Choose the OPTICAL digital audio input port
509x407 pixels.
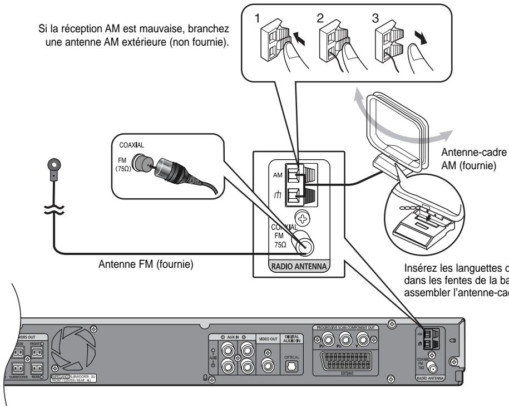tap(292, 365)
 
